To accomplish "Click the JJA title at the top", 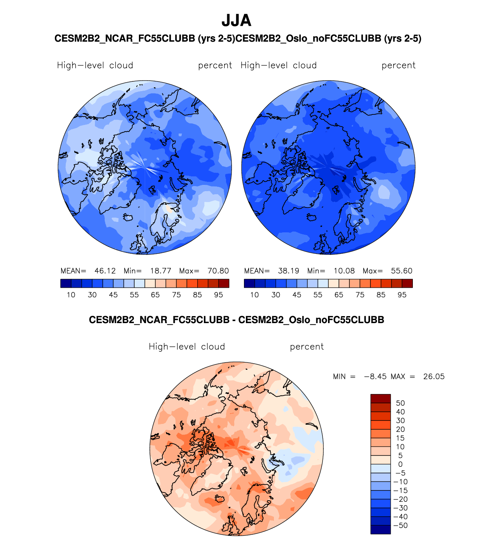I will coord(236,21).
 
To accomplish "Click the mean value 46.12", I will coord(105,271).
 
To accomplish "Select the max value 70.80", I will coord(218,271).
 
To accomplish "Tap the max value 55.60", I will coord(402,271).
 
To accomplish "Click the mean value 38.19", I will coord(288,271).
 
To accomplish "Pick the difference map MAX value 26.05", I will coord(434,377).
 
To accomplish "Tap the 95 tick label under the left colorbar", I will coord(218,295).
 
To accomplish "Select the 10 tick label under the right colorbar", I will coord(254,295).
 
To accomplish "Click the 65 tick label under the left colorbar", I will coord(155,295).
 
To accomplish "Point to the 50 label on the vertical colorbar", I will coord(400,403).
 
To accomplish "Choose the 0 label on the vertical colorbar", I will coord(400,464).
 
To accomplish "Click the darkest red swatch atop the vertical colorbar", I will coord(381,399).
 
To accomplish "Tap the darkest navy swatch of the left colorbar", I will coord(66,283).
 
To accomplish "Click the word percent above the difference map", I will coord(307,347).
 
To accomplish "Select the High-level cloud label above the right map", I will coord(279,65).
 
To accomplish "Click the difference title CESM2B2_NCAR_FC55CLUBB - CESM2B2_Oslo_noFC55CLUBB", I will coord(236,320).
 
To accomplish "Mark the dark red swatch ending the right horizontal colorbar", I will coord(407,283).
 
